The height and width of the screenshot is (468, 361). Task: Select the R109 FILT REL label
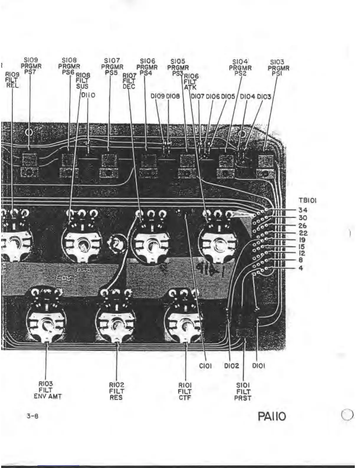12,80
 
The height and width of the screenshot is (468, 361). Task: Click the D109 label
158,96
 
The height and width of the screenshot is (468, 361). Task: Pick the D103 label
264,97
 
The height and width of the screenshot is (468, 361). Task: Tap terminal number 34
303,210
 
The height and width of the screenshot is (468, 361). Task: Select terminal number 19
302,240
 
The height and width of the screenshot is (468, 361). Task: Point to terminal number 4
301,268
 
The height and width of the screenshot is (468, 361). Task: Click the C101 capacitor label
205,366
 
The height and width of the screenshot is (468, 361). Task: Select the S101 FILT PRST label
243,391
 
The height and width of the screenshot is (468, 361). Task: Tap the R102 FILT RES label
116,391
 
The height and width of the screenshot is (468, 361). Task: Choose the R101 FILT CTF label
185,391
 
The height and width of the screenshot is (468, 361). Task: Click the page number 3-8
32,416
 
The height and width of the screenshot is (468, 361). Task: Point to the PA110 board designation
272,417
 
